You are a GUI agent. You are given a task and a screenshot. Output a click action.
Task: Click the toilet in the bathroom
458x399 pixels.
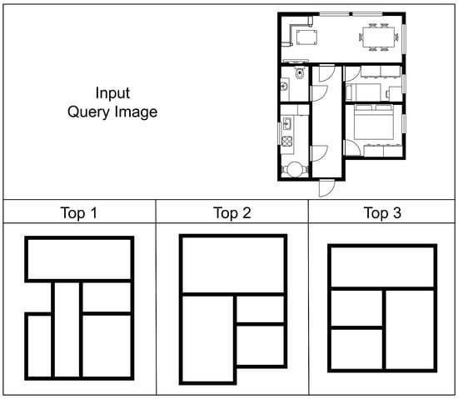pyautogui.click(x=300, y=72)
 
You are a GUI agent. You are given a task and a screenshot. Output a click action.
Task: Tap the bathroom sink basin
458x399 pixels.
pyautogui.click(x=284, y=86)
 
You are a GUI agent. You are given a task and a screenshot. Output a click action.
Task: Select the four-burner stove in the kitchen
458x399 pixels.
pyautogui.click(x=286, y=141)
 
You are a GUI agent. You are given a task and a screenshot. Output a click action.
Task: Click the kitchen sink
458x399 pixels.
pyautogui.click(x=286, y=123)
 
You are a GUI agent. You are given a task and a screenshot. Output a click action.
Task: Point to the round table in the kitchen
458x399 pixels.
pyautogui.click(x=295, y=169)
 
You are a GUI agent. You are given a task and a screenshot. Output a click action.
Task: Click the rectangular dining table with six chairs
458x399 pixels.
pyautogui.click(x=378, y=37)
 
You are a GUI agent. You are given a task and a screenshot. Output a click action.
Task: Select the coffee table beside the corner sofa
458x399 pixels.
pyautogui.click(x=306, y=37)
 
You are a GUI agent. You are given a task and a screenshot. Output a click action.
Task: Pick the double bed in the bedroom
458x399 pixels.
pyautogui.click(x=373, y=122)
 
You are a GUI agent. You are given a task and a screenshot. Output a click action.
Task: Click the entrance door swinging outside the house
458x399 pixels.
pyautogui.click(x=326, y=187)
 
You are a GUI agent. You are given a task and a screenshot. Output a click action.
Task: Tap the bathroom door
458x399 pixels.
pyautogui.click(x=319, y=93)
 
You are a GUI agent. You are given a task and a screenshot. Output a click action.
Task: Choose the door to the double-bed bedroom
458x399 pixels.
pyautogui.click(x=352, y=147)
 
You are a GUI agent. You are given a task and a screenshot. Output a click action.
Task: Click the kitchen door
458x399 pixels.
pyautogui.click(x=319, y=153)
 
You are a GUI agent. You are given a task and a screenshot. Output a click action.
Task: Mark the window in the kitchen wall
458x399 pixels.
pyautogui.click(x=279, y=133)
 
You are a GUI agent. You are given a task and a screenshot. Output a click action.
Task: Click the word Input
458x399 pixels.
pyautogui.click(x=112, y=93)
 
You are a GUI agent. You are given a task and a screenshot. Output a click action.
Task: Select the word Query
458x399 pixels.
pyautogui.click(x=89, y=112)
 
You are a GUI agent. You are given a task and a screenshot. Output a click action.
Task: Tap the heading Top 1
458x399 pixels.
pyautogui.click(x=79, y=212)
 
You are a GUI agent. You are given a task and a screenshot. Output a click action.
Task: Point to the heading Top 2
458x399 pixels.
pyautogui.click(x=232, y=212)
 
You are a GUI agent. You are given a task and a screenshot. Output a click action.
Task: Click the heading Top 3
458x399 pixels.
pyautogui.click(x=382, y=212)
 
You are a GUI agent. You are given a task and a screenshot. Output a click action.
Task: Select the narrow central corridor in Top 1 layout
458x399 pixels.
pyautogui.click(x=67, y=329)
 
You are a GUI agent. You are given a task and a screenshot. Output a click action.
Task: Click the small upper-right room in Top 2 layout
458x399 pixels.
pyautogui.click(x=260, y=309)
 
